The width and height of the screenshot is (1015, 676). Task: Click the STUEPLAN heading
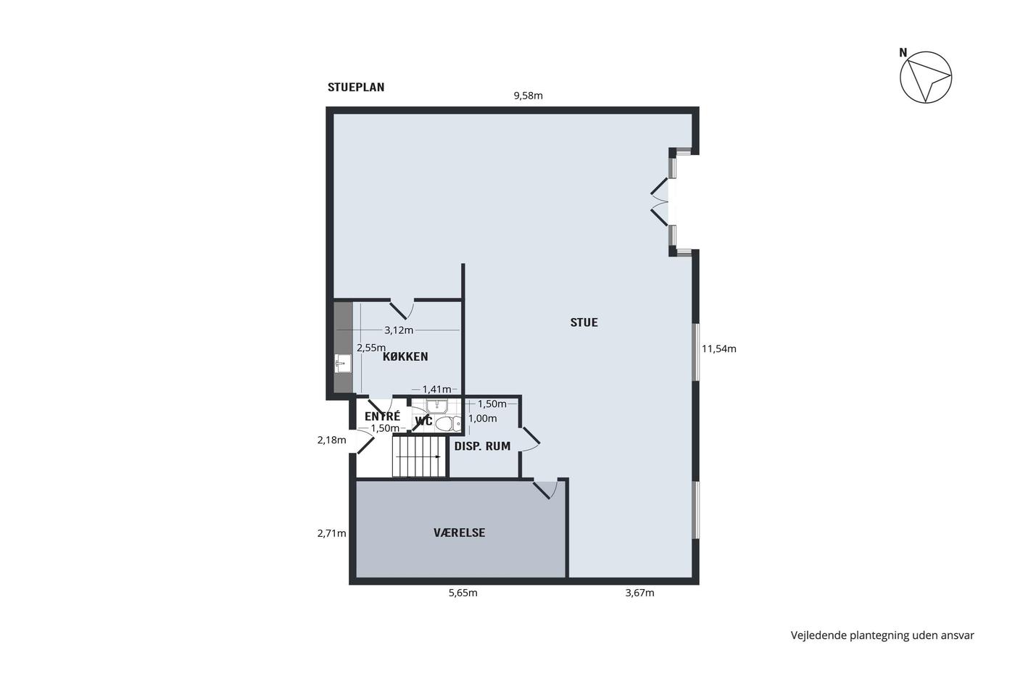pyautogui.click(x=356, y=87)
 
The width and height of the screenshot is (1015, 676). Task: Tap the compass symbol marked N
pyautogui.click(x=925, y=77)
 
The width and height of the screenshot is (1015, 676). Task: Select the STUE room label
pyautogui.click(x=584, y=322)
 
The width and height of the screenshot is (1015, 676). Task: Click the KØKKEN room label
pyautogui.click(x=405, y=356)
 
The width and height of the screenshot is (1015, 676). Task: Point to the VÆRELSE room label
pyautogui.click(x=459, y=533)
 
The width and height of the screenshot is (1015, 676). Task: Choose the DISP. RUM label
pyautogui.click(x=482, y=446)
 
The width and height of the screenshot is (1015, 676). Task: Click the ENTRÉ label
pyautogui.click(x=383, y=416)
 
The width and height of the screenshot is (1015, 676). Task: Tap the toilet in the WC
pyautogui.click(x=448, y=424)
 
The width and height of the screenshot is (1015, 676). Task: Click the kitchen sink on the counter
pyautogui.click(x=343, y=363)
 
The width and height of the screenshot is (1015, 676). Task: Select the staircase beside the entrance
pyautogui.click(x=419, y=456)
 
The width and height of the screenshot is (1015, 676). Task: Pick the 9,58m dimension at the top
pyautogui.click(x=528, y=96)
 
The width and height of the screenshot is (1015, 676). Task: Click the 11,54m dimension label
pyautogui.click(x=718, y=349)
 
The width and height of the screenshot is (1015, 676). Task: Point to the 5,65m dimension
pyautogui.click(x=463, y=593)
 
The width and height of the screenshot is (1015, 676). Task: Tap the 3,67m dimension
pyautogui.click(x=639, y=593)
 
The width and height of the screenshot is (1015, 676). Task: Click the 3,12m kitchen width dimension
pyautogui.click(x=399, y=330)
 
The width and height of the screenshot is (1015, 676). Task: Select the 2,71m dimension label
pyautogui.click(x=332, y=533)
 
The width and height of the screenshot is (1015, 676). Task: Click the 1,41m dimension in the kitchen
pyautogui.click(x=436, y=389)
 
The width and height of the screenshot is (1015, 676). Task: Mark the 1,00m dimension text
pyautogui.click(x=483, y=418)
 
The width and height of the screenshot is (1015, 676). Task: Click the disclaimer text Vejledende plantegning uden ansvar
pyautogui.click(x=882, y=635)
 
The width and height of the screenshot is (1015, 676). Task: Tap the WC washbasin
pyautogui.click(x=436, y=406)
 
